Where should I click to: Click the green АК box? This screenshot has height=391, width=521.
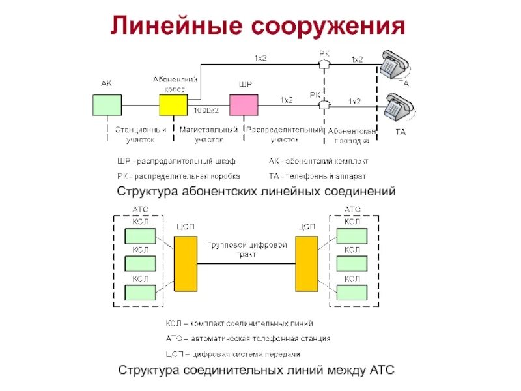107,104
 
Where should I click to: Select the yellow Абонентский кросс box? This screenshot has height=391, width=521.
173,104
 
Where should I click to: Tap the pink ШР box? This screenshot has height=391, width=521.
243,104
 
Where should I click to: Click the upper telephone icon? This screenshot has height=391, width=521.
395,64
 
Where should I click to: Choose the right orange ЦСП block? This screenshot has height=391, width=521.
306,263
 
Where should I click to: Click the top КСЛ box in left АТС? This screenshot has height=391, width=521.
140,235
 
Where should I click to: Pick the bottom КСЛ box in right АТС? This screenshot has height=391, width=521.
352,292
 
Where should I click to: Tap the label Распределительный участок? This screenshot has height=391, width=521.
285,134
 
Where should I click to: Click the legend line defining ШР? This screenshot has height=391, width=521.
176,160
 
